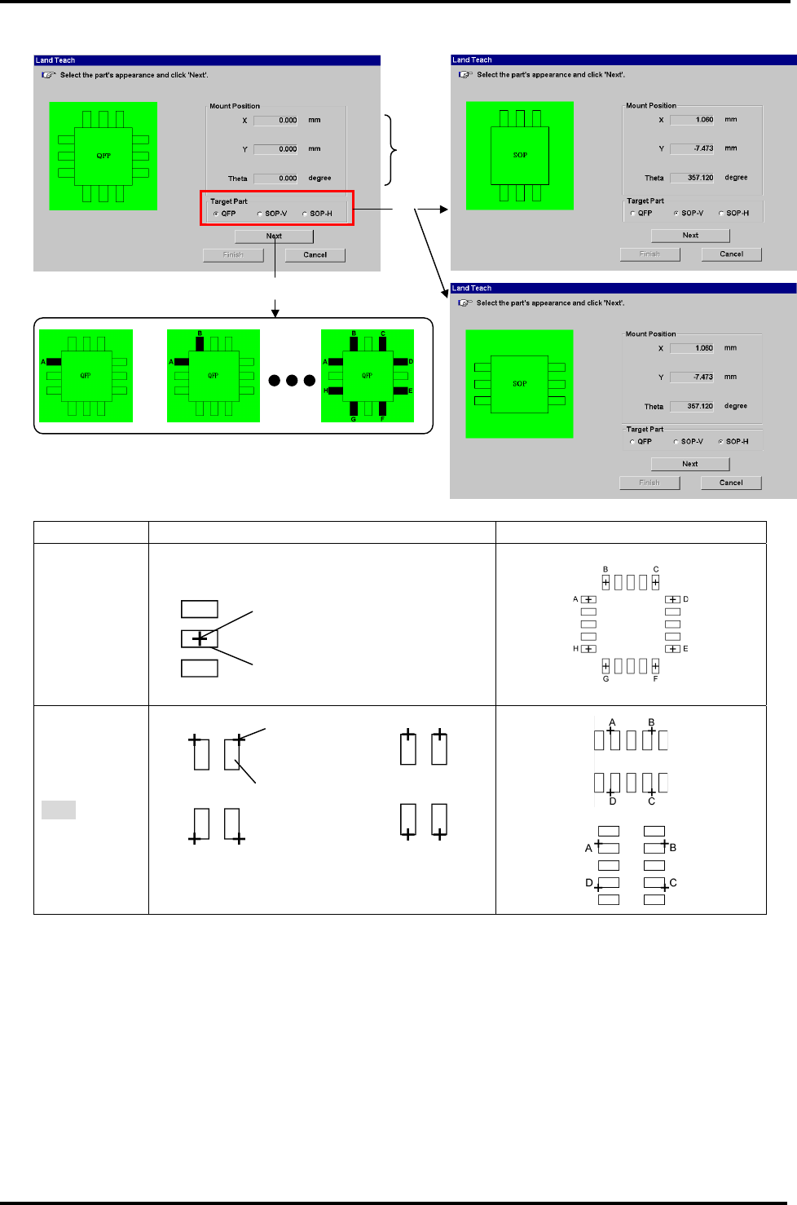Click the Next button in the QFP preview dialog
[x=274, y=236]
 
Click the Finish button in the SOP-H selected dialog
[x=649, y=483]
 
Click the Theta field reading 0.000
[x=276, y=179]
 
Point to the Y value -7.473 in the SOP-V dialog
[x=692, y=148]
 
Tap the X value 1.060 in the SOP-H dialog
[x=692, y=348]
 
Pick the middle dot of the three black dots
[x=292, y=381]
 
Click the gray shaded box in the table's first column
[x=59, y=810]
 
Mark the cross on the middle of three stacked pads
[x=200, y=638]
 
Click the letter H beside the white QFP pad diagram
[x=575, y=649]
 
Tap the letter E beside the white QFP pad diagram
[x=685, y=649]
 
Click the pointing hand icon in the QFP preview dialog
[x=49, y=75]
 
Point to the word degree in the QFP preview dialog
[x=319, y=178]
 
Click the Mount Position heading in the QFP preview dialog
[x=235, y=106]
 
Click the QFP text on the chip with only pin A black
[x=86, y=376]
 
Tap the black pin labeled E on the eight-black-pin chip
[x=400, y=391]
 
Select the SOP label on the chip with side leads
[x=519, y=383]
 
